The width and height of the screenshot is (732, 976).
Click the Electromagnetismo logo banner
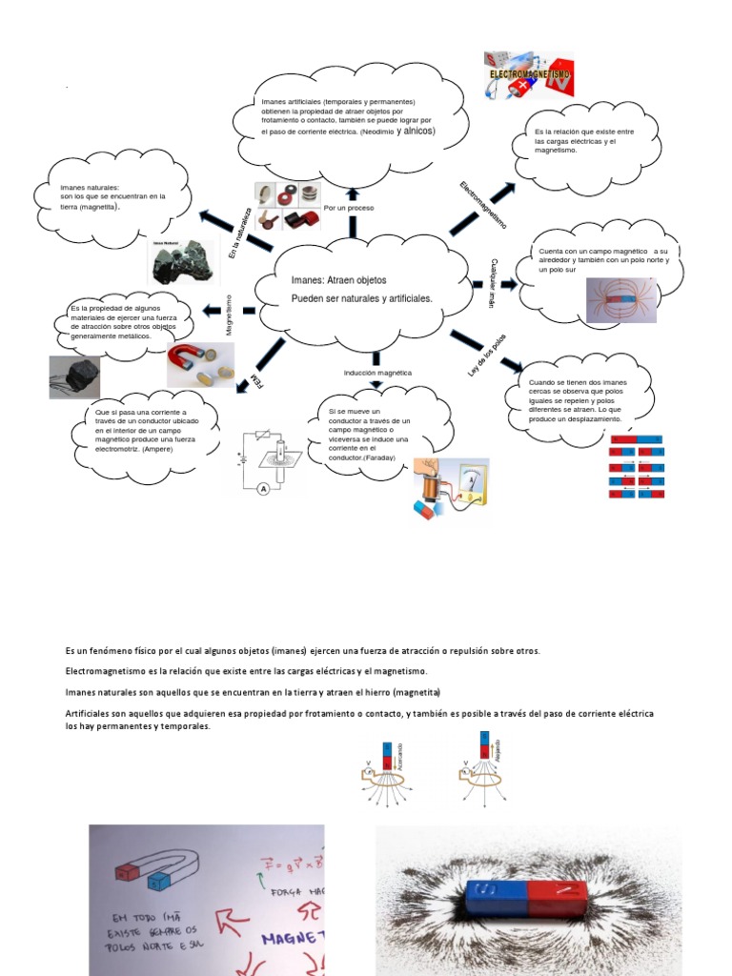(x=529, y=75)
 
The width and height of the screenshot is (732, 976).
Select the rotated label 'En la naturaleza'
(x=239, y=233)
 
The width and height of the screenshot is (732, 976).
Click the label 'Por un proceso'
(x=349, y=207)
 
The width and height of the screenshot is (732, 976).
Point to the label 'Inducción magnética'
(x=377, y=372)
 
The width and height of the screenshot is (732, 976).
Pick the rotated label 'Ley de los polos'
(x=487, y=355)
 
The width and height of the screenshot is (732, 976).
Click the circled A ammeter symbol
(x=262, y=488)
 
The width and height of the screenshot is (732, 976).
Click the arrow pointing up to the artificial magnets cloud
(x=353, y=195)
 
